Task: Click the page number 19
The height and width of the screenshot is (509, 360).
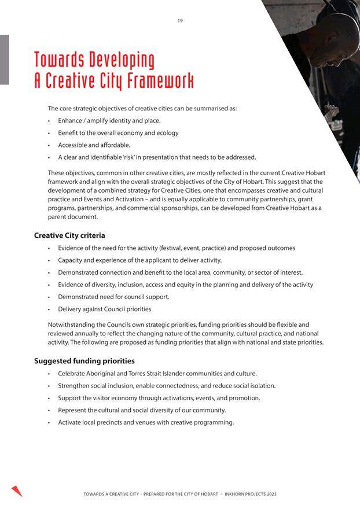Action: coord(180,21)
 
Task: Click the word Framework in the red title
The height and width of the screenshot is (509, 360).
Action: coord(157,80)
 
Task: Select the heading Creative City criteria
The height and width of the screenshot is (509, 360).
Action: coord(69,235)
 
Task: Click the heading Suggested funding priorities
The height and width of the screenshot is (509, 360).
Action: coord(85,361)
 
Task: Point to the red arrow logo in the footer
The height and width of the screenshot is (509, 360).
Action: coord(17,490)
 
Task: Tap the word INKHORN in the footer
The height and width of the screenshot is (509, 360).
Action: coord(234,494)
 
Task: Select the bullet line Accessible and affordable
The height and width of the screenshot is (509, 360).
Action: coord(94,145)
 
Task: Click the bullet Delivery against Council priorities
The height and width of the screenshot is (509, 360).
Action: coord(105,309)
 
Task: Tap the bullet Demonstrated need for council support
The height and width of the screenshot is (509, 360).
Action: coord(114,297)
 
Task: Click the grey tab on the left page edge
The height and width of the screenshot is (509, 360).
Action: coord(4,60)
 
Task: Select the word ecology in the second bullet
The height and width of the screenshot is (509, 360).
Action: coord(167,132)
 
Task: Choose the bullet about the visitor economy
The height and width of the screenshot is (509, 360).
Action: coord(159,398)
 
